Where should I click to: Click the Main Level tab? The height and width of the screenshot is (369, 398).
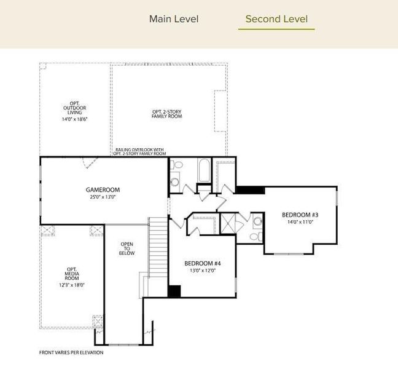[x=174, y=19]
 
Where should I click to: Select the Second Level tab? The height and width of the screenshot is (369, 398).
[x=276, y=19]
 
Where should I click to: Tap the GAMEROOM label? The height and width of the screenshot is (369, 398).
[x=103, y=189]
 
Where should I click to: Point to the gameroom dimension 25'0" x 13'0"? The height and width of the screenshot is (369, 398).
[x=103, y=197]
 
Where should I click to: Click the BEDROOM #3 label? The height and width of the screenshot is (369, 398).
[x=300, y=215]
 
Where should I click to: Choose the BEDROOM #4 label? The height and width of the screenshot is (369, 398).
[x=202, y=263]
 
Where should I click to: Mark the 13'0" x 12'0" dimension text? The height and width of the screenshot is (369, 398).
[x=202, y=271]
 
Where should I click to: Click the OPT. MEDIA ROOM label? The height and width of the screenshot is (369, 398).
[x=71, y=272]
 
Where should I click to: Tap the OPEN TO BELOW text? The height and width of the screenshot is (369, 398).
[x=126, y=248]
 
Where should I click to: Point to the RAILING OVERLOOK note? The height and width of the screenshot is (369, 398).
[x=141, y=151]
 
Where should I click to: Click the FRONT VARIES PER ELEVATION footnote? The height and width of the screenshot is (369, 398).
[x=71, y=352]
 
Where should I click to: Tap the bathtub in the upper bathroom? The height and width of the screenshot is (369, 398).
[x=204, y=172]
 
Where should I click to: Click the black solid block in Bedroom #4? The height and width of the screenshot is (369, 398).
[x=174, y=292]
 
